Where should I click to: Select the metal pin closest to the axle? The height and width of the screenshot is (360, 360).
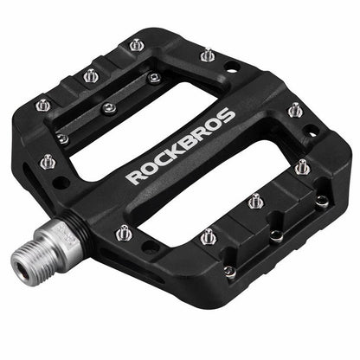pyautogui.click(x=125, y=231)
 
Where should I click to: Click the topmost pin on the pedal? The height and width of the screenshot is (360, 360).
pyautogui.click(x=137, y=44)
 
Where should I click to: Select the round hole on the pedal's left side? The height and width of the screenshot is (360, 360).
pyautogui.click(x=61, y=183)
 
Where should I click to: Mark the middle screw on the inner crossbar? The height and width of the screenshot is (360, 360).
pyautogui.click(x=108, y=107)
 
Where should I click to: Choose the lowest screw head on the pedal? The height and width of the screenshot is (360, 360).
pyautogui.click(x=229, y=271)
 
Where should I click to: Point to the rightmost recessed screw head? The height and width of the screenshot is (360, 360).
pyautogui.click(x=321, y=200)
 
